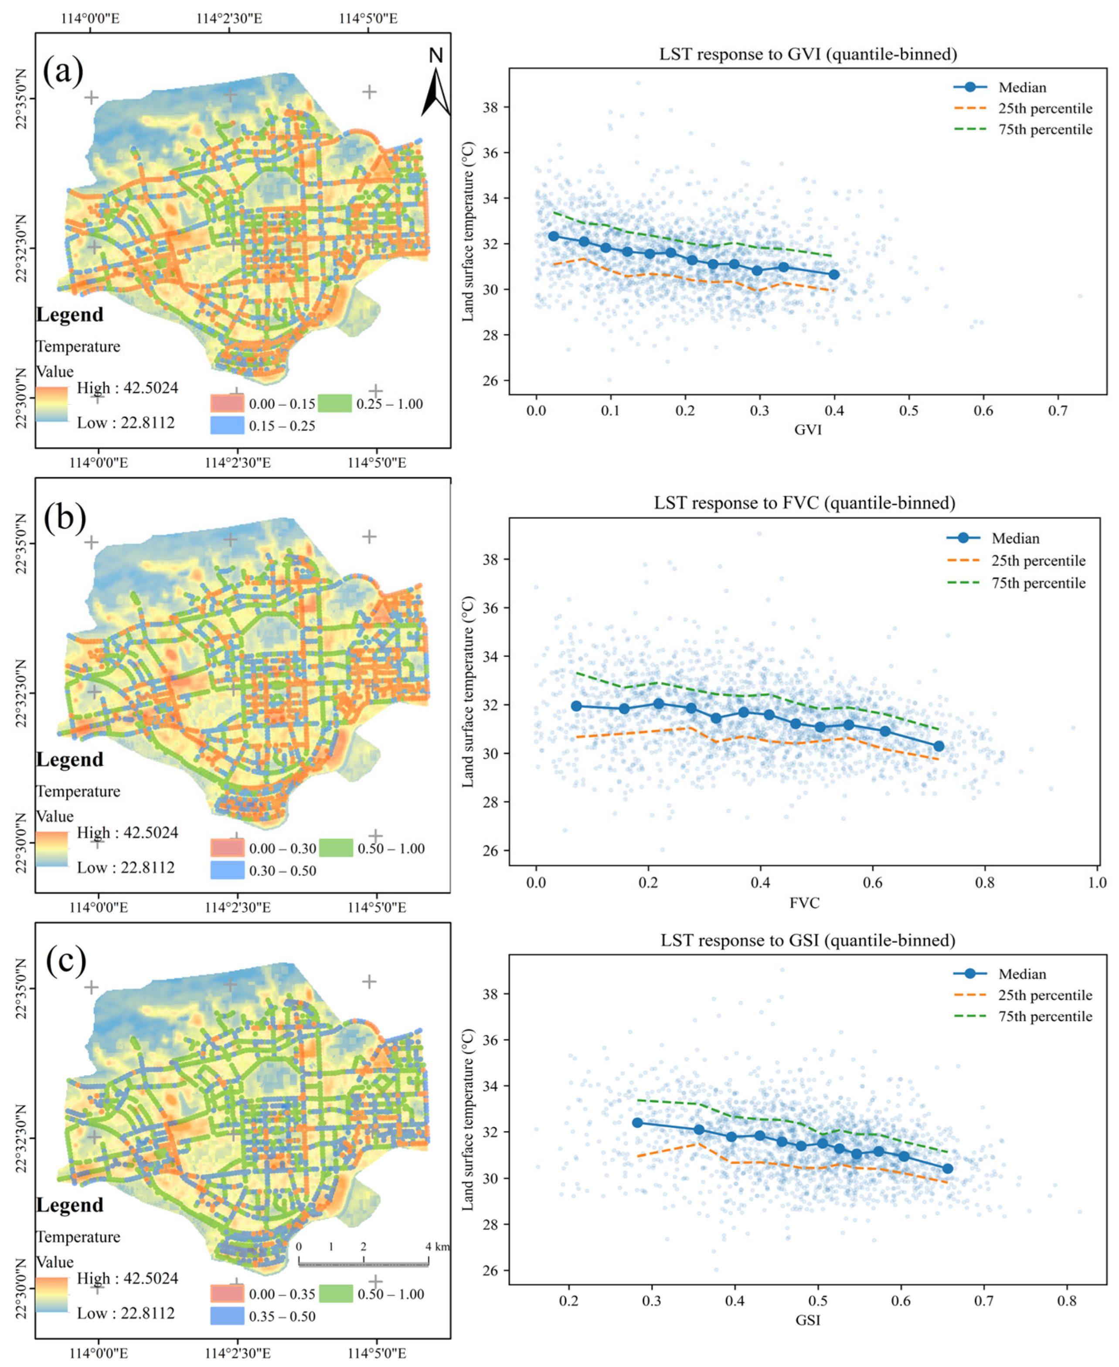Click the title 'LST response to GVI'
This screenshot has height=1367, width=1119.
808,54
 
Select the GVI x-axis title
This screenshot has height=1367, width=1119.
808,430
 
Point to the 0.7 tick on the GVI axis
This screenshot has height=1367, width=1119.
1058,411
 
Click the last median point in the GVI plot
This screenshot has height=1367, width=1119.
834,274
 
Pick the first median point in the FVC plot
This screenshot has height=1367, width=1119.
576,706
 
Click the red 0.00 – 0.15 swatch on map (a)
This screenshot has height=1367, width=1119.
227,403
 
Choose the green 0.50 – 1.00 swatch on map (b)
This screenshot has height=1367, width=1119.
336,848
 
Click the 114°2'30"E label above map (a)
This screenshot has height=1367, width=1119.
229,18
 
